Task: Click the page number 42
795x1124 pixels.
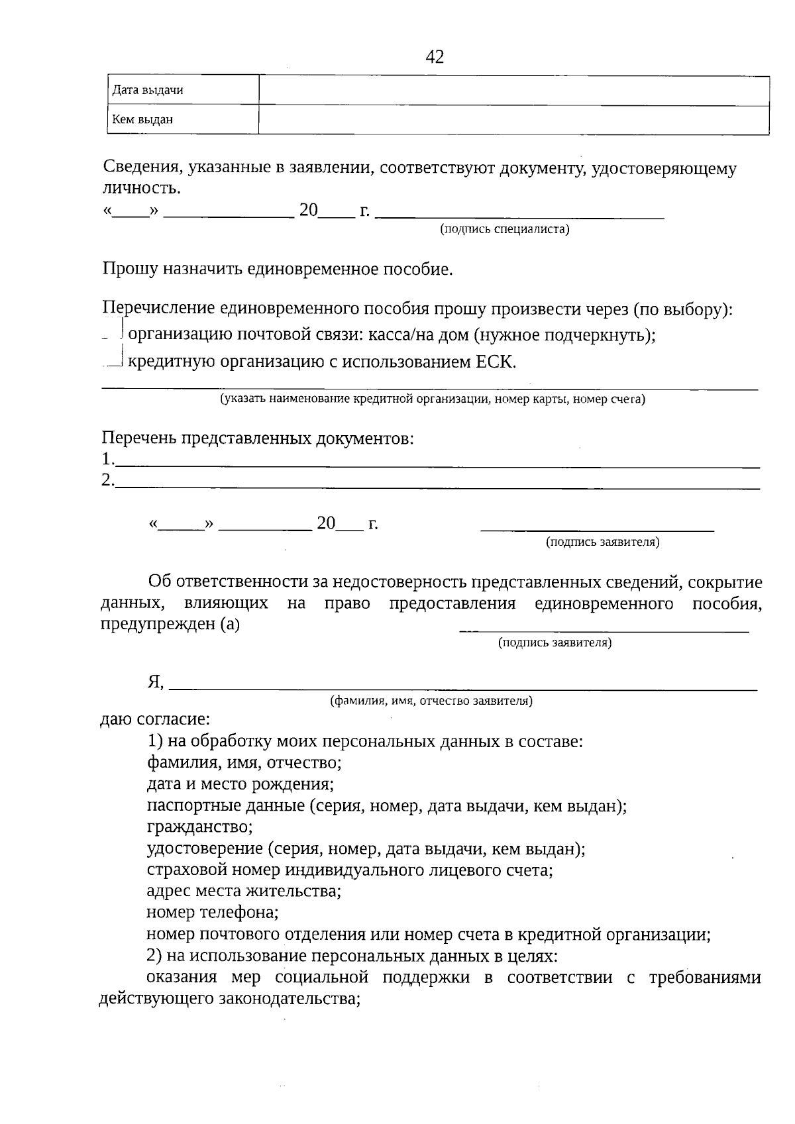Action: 435,57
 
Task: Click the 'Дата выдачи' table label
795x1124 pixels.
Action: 147,90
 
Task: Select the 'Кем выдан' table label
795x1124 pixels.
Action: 142,120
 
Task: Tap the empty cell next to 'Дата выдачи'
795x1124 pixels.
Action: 513,90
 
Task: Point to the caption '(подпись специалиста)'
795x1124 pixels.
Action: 504,229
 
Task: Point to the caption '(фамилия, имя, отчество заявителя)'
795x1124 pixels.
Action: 431,700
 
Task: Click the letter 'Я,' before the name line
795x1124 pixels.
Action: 156,682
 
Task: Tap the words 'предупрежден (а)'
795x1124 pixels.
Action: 170,624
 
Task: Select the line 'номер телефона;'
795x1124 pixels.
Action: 212,912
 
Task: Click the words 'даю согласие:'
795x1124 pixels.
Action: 154,719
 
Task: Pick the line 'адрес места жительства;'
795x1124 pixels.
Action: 243,890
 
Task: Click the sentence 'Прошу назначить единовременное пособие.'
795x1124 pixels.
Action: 278,269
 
